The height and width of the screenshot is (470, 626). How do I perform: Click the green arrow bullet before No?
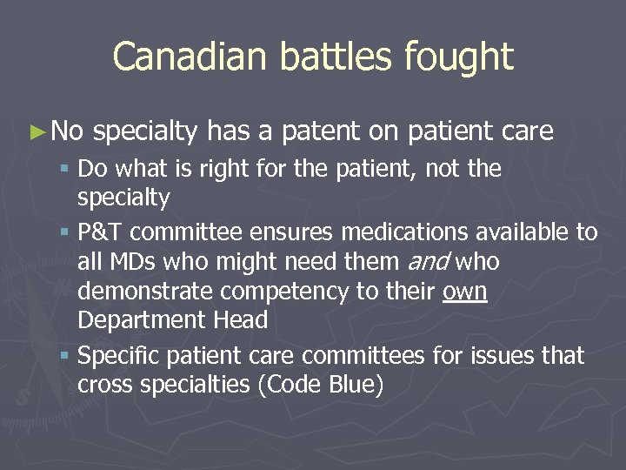point(36,132)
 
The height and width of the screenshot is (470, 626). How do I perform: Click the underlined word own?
point(465,292)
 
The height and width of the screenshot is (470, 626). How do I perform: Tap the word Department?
point(139,320)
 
